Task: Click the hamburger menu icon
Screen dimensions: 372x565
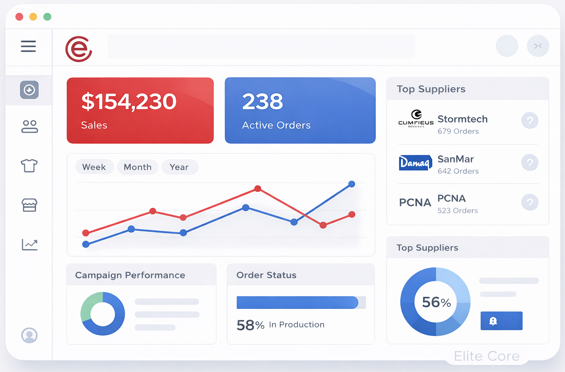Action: pyautogui.click(x=29, y=46)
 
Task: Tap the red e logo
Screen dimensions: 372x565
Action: pyautogui.click(x=79, y=49)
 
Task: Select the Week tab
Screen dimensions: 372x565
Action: pyautogui.click(x=94, y=167)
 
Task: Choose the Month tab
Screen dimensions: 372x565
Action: pyautogui.click(x=138, y=167)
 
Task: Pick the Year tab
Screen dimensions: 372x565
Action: pyautogui.click(x=179, y=167)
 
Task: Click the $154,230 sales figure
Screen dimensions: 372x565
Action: pyautogui.click(x=129, y=102)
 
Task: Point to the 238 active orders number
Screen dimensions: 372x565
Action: pyautogui.click(x=263, y=102)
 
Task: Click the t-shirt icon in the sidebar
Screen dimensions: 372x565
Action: pyautogui.click(x=29, y=165)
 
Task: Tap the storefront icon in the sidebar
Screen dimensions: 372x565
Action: pyautogui.click(x=29, y=205)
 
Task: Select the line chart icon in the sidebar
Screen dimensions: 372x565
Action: pyautogui.click(x=29, y=245)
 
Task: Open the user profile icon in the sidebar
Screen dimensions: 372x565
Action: pyautogui.click(x=29, y=335)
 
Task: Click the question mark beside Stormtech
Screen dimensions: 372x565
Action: pyautogui.click(x=530, y=121)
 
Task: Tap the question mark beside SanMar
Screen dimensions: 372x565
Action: pyautogui.click(x=530, y=162)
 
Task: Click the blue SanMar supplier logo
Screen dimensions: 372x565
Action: pyautogui.click(x=415, y=163)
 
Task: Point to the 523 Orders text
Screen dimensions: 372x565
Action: pyautogui.click(x=458, y=211)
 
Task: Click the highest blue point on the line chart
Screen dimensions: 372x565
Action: pyautogui.click(x=352, y=184)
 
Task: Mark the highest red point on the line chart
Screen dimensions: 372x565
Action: pyautogui.click(x=258, y=188)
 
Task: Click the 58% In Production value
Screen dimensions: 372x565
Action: pyautogui.click(x=250, y=325)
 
